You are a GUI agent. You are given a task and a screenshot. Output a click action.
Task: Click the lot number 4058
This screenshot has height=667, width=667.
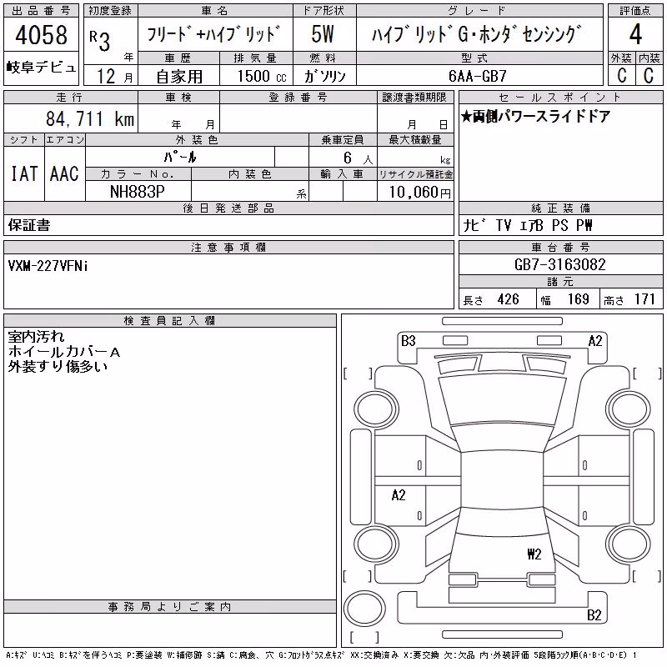(x=41, y=35)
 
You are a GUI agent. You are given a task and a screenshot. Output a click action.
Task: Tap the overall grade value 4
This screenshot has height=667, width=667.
(x=635, y=34)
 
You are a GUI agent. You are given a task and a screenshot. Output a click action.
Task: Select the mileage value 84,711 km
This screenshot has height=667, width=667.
(x=90, y=118)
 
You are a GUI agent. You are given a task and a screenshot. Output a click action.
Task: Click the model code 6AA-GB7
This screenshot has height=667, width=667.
(x=478, y=76)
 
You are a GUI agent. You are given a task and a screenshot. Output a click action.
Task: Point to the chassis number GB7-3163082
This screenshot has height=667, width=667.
(x=559, y=264)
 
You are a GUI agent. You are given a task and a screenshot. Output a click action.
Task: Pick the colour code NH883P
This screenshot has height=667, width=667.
(x=137, y=192)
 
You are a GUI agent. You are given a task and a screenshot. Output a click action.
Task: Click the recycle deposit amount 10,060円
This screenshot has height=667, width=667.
(x=419, y=192)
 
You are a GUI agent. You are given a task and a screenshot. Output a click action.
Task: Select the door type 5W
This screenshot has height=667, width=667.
(x=323, y=34)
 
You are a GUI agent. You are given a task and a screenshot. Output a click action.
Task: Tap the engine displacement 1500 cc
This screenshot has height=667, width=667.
(x=262, y=76)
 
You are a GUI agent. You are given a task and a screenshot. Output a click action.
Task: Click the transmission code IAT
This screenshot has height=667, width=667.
(x=24, y=173)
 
